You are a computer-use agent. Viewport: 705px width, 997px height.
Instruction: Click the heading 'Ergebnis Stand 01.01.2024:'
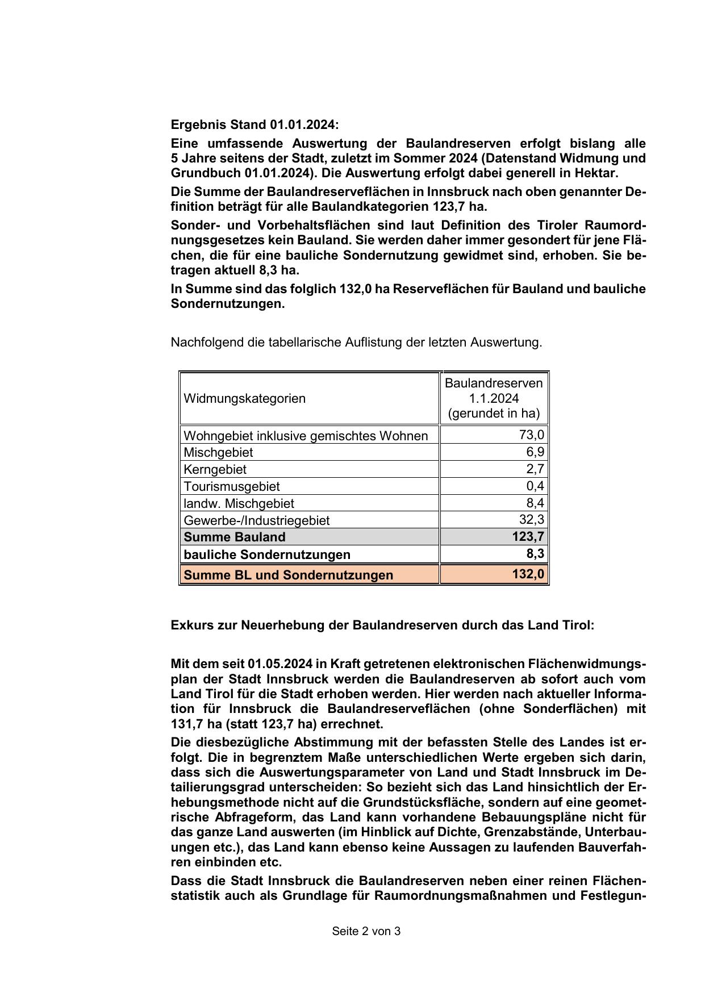pyautogui.click(x=255, y=125)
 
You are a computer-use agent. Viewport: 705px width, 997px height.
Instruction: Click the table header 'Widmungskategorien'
pyautogui.click(x=245, y=398)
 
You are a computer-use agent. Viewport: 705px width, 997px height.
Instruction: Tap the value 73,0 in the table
pyautogui.click(x=532, y=435)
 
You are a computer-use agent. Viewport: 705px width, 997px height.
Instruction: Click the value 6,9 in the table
pyautogui.click(x=535, y=452)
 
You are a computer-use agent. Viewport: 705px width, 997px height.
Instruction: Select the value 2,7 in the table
pyautogui.click(x=535, y=469)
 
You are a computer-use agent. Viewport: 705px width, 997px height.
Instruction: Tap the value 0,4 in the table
pyautogui.click(x=535, y=486)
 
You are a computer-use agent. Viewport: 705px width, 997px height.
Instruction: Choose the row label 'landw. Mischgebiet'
pyautogui.click(x=239, y=503)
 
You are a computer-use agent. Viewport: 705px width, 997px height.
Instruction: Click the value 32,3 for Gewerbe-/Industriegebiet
pyautogui.click(x=532, y=520)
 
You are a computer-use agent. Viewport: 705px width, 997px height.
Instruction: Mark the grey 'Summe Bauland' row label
pyautogui.click(x=235, y=537)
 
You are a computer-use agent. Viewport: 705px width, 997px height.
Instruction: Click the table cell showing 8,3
pyautogui.click(x=535, y=554)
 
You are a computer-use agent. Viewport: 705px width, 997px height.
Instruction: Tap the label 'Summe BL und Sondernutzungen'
pyautogui.click(x=289, y=575)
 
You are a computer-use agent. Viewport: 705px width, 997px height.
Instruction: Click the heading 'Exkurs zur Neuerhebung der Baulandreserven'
pyautogui.click(x=382, y=625)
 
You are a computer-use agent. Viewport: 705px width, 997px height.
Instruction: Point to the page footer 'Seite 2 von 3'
pyautogui.click(x=366, y=931)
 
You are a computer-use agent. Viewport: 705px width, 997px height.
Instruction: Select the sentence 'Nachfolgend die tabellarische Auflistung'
pyautogui.click(x=356, y=343)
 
